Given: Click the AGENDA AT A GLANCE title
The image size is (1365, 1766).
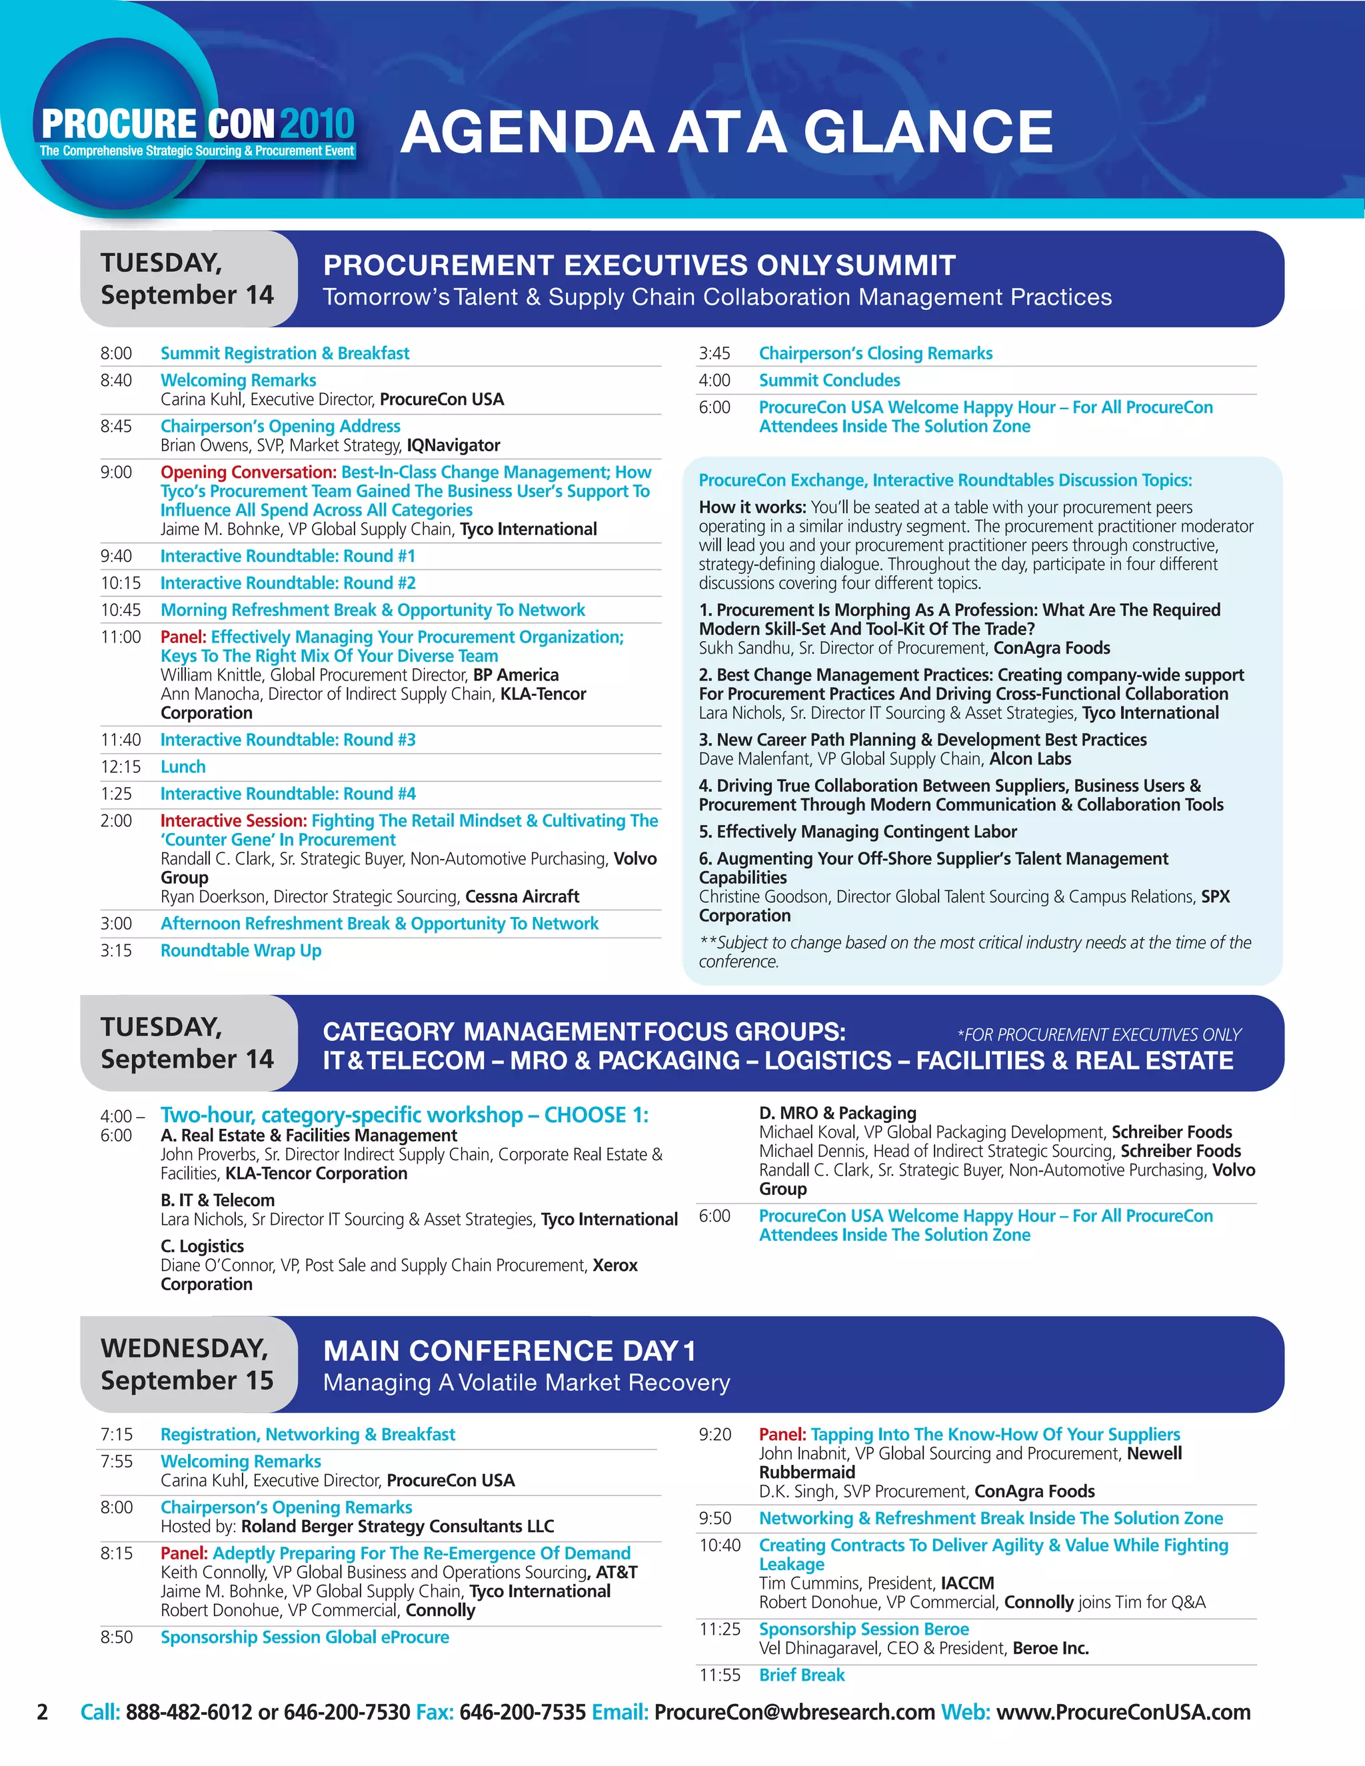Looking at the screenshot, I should tap(726, 132).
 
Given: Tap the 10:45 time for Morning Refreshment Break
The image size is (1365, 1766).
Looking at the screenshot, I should tap(121, 610).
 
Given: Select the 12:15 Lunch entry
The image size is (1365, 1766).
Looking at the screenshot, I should tap(183, 766).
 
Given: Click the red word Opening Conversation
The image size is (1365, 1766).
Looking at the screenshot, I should tap(248, 472).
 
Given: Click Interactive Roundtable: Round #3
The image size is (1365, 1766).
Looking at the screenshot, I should tap(288, 740).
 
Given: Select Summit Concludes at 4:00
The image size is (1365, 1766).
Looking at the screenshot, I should tap(829, 380).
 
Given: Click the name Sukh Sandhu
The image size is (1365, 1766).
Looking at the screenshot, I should tap(739, 648).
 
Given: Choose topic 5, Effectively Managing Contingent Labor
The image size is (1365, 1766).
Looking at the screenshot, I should tap(858, 832).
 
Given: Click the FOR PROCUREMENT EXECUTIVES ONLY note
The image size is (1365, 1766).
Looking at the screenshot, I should tap(1099, 1035).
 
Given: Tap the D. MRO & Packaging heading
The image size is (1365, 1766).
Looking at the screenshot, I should tap(837, 1114).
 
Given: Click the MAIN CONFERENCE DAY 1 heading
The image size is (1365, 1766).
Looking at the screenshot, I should tap(509, 1351).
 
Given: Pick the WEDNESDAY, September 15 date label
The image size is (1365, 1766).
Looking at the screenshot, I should tap(187, 1364).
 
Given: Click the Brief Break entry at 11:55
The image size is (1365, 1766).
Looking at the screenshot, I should tap(801, 1675).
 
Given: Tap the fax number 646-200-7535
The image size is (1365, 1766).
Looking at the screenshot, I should tap(523, 1713).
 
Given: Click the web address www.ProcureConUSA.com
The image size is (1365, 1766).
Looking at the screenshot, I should tap(1123, 1713).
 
